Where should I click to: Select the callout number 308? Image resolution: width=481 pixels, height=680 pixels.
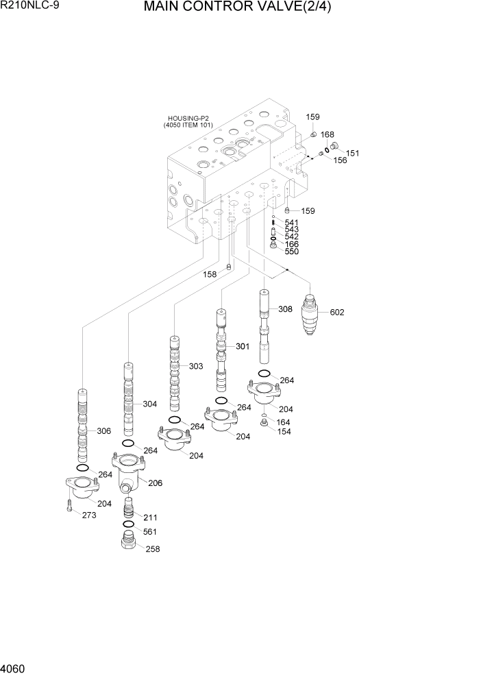click(285, 309)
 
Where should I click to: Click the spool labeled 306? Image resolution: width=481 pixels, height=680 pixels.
click(82, 425)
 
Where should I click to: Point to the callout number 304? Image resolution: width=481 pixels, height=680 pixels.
click(150, 404)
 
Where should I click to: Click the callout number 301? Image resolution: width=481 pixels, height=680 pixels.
click(243, 346)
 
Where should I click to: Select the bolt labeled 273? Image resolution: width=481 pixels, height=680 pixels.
click(69, 507)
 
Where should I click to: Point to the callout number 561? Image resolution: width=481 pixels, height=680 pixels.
click(150, 532)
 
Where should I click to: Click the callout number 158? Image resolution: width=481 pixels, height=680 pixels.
click(209, 274)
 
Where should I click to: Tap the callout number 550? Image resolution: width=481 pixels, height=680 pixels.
click(291, 252)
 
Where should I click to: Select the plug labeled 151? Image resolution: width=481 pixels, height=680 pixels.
click(336, 145)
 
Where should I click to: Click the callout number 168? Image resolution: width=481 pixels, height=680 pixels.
click(328, 134)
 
